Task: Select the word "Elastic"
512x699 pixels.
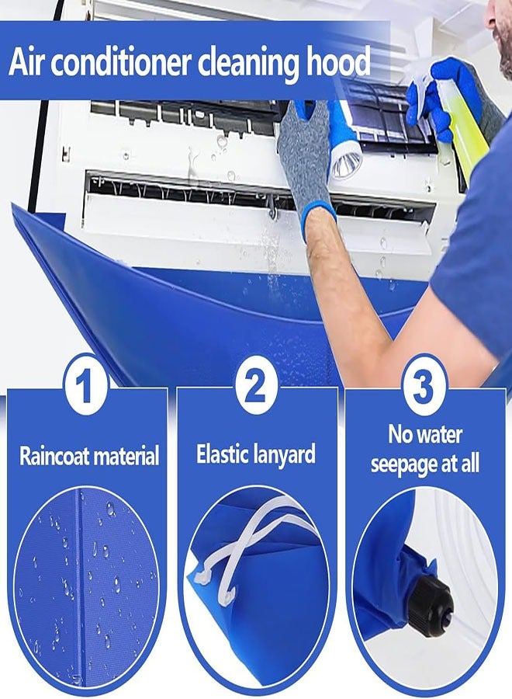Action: point(221,454)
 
